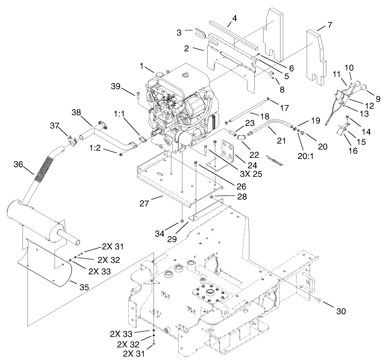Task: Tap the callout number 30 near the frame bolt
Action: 341,311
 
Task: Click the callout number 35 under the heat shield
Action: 84,287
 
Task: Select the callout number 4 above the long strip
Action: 234,19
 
